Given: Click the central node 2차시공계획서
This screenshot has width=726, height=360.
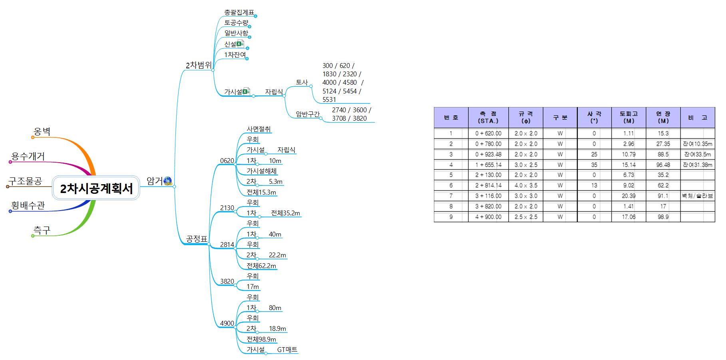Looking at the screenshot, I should [x=96, y=188].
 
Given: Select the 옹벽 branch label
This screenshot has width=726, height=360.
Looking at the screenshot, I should [x=42, y=131].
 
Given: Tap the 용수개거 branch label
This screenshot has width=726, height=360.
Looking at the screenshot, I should [x=28, y=156].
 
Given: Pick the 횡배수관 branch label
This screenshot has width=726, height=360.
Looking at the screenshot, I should [x=28, y=205].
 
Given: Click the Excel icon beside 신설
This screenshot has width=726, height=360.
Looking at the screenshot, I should [x=240, y=44].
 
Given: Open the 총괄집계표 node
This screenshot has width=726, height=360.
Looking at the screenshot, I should [x=239, y=12].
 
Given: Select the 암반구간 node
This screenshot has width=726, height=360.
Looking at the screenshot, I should [x=308, y=114].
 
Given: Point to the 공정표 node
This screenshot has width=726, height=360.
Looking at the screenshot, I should [x=197, y=239].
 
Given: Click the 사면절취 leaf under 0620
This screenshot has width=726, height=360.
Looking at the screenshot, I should [x=259, y=129].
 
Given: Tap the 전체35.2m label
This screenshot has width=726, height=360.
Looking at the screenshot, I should [x=285, y=213].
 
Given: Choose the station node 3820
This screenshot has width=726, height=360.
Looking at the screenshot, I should [x=227, y=281].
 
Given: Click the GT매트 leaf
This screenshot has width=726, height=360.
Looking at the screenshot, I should [x=287, y=350].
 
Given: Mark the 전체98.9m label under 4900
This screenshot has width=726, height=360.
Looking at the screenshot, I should [x=261, y=339].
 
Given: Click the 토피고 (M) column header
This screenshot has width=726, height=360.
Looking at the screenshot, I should [x=629, y=117].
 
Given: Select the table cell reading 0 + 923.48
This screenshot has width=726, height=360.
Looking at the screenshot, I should [x=488, y=154].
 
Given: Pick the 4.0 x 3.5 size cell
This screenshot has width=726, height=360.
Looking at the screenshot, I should [x=526, y=185].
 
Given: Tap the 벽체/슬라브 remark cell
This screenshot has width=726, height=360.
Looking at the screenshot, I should [x=697, y=196].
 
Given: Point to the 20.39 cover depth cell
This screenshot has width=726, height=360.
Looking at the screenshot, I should [x=629, y=196].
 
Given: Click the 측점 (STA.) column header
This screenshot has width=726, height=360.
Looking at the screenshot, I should [x=488, y=117].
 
